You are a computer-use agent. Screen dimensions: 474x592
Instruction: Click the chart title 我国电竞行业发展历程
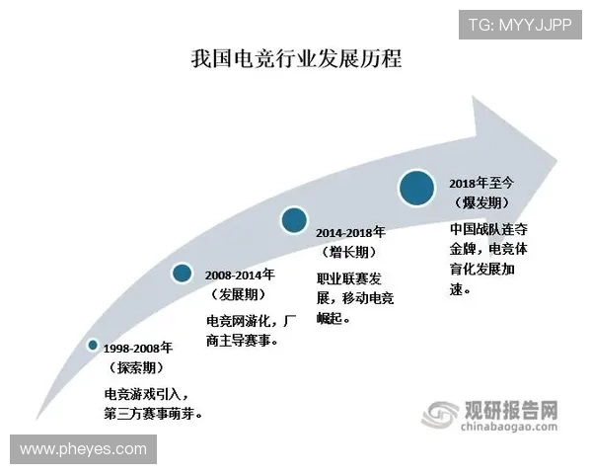(x=296, y=58)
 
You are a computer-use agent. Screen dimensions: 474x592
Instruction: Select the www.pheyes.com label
(x=83, y=449)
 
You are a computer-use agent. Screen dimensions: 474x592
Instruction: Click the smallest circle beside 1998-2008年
(x=93, y=345)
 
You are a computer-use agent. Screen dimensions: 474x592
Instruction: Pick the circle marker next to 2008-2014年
(x=183, y=274)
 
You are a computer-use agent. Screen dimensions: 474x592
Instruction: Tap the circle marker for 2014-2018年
(x=293, y=219)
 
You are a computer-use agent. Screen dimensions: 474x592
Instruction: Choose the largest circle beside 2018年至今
(x=417, y=187)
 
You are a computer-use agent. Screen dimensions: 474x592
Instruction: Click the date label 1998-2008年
(x=138, y=349)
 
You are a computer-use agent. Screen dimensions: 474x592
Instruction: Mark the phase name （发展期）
(x=237, y=294)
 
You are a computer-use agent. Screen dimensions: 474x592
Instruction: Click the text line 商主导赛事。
(x=242, y=341)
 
